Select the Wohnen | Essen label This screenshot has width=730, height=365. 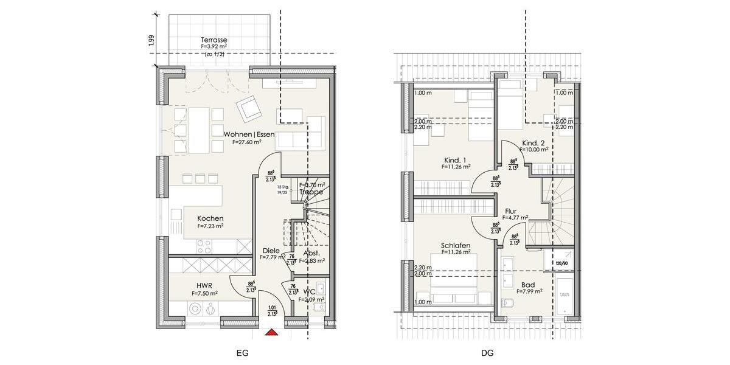[x=249, y=134]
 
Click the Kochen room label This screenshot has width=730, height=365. [x=210, y=218]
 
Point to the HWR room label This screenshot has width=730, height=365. [x=204, y=285]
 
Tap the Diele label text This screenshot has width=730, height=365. [x=271, y=250]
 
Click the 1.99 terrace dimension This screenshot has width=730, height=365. [x=151, y=41]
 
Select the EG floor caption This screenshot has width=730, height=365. [x=242, y=353]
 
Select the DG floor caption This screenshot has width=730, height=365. [x=487, y=353]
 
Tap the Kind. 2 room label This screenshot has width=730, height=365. [x=534, y=143]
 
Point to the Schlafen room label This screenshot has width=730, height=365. [x=456, y=245]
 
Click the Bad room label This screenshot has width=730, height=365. [x=528, y=284]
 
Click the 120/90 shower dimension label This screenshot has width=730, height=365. [x=561, y=263]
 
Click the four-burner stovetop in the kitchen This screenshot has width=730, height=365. [x=204, y=246]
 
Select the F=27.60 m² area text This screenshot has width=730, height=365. [x=246, y=142]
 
